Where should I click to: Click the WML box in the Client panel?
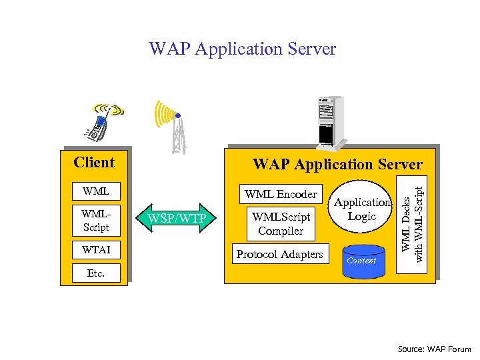click(x=96, y=191)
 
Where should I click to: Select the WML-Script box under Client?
click(x=96, y=221)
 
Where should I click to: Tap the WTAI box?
click(x=96, y=250)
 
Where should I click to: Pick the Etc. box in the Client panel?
click(x=96, y=273)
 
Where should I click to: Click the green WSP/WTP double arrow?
click(x=176, y=218)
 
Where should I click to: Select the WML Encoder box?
click(x=281, y=194)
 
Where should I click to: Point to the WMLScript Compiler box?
click(x=281, y=224)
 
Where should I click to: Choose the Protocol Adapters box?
click(x=281, y=254)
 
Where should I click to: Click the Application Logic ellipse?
click(x=360, y=206)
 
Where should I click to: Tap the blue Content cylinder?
click(x=363, y=261)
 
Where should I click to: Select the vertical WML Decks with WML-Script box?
click(x=411, y=225)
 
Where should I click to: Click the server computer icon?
click(x=331, y=123)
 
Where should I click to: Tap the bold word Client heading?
click(x=94, y=162)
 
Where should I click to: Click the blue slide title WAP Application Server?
click(x=243, y=49)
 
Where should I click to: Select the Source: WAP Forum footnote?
click(x=434, y=349)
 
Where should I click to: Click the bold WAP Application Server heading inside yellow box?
click(x=337, y=165)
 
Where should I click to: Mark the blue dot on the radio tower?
click(x=178, y=116)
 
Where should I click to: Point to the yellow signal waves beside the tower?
click(x=165, y=114)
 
